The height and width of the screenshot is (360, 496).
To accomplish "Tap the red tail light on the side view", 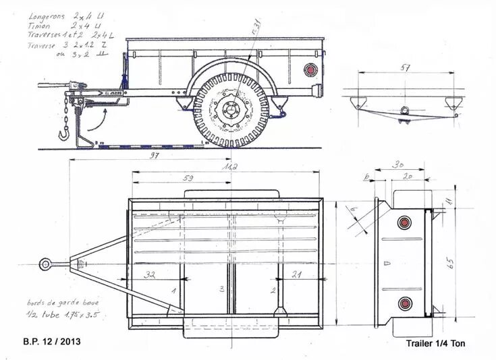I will [310, 70].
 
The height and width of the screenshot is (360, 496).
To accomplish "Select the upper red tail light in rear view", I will [404, 222].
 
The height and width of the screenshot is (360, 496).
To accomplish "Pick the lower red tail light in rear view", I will [404, 303].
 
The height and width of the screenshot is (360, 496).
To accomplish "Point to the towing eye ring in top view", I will [45, 264].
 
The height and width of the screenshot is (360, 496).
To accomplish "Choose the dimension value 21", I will [296, 274].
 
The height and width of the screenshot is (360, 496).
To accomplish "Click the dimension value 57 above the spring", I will [406, 68].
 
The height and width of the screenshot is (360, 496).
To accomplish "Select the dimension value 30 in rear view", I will [398, 164].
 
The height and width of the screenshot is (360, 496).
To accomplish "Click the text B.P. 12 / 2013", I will [51, 342].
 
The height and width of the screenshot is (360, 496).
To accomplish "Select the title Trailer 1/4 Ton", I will [435, 343].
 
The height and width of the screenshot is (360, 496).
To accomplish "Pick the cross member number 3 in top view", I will [221, 289].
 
